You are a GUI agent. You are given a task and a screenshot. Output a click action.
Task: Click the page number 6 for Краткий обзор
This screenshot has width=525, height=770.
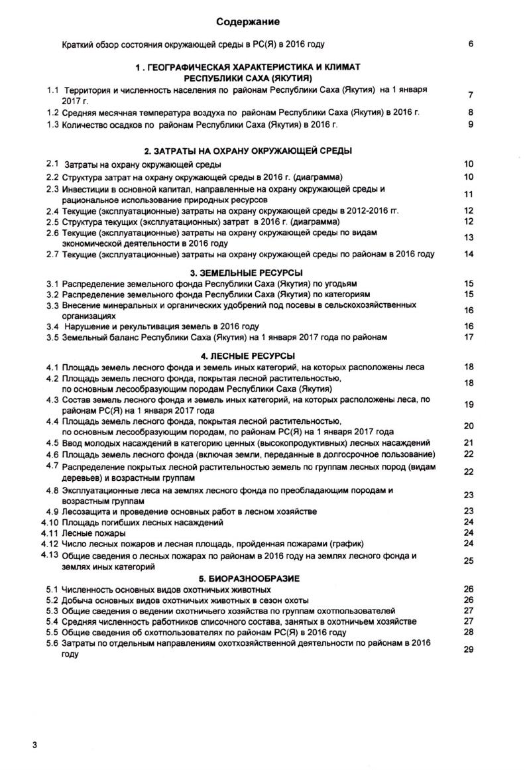[x=470, y=44]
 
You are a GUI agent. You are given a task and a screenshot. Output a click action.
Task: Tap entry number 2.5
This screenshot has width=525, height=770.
[x=53, y=222]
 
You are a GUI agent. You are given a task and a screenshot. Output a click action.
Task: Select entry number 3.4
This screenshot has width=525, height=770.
[x=53, y=326]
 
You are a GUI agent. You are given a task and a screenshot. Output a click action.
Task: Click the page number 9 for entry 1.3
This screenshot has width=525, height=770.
[x=470, y=124]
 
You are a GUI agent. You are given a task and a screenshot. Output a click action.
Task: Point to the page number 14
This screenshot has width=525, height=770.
[x=469, y=254]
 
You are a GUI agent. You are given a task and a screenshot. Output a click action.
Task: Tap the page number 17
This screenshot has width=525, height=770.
[x=469, y=337]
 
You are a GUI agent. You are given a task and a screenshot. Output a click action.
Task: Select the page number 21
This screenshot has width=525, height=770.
[x=469, y=443]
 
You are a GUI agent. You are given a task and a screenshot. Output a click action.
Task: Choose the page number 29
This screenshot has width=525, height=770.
[x=469, y=649]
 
